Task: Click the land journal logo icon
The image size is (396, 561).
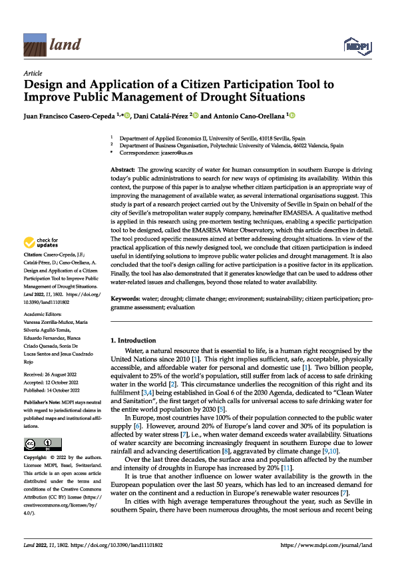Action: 35,45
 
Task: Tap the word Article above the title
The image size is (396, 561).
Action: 33,73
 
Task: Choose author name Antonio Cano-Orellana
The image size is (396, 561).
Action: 250,117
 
